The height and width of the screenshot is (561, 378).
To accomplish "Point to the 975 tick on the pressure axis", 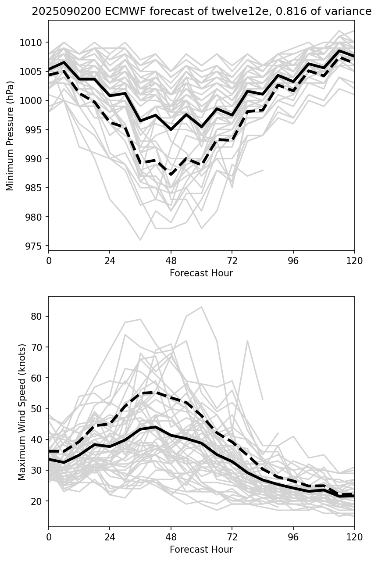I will pyautogui.click(x=34, y=246).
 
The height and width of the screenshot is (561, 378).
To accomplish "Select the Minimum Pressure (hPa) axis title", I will pyautogui.click(x=10, y=136).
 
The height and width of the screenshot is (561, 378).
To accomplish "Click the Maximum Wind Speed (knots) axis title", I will pyautogui.click(x=22, y=411).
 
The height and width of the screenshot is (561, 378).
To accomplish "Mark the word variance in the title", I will pyautogui.click(x=349, y=12).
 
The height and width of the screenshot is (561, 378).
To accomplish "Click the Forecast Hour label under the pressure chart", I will pyautogui.click(x=201, y=273).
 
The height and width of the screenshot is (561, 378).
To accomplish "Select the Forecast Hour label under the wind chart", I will pyautogui.click(x=201, y=549).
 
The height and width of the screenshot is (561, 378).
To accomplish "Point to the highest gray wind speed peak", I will pyautogui.click(x=201, y=307).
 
